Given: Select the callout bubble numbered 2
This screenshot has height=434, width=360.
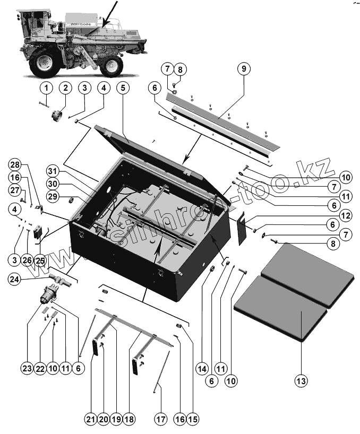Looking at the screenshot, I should click(65, 87).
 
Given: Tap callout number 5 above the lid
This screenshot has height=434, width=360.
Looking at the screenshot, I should click(123, 87).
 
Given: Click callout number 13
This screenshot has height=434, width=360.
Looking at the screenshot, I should click(302, 381).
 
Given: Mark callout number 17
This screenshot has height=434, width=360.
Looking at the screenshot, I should click(161, 419).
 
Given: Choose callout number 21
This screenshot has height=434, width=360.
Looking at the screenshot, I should click(91, 419).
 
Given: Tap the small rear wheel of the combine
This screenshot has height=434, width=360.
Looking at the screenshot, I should click(112, 66).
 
